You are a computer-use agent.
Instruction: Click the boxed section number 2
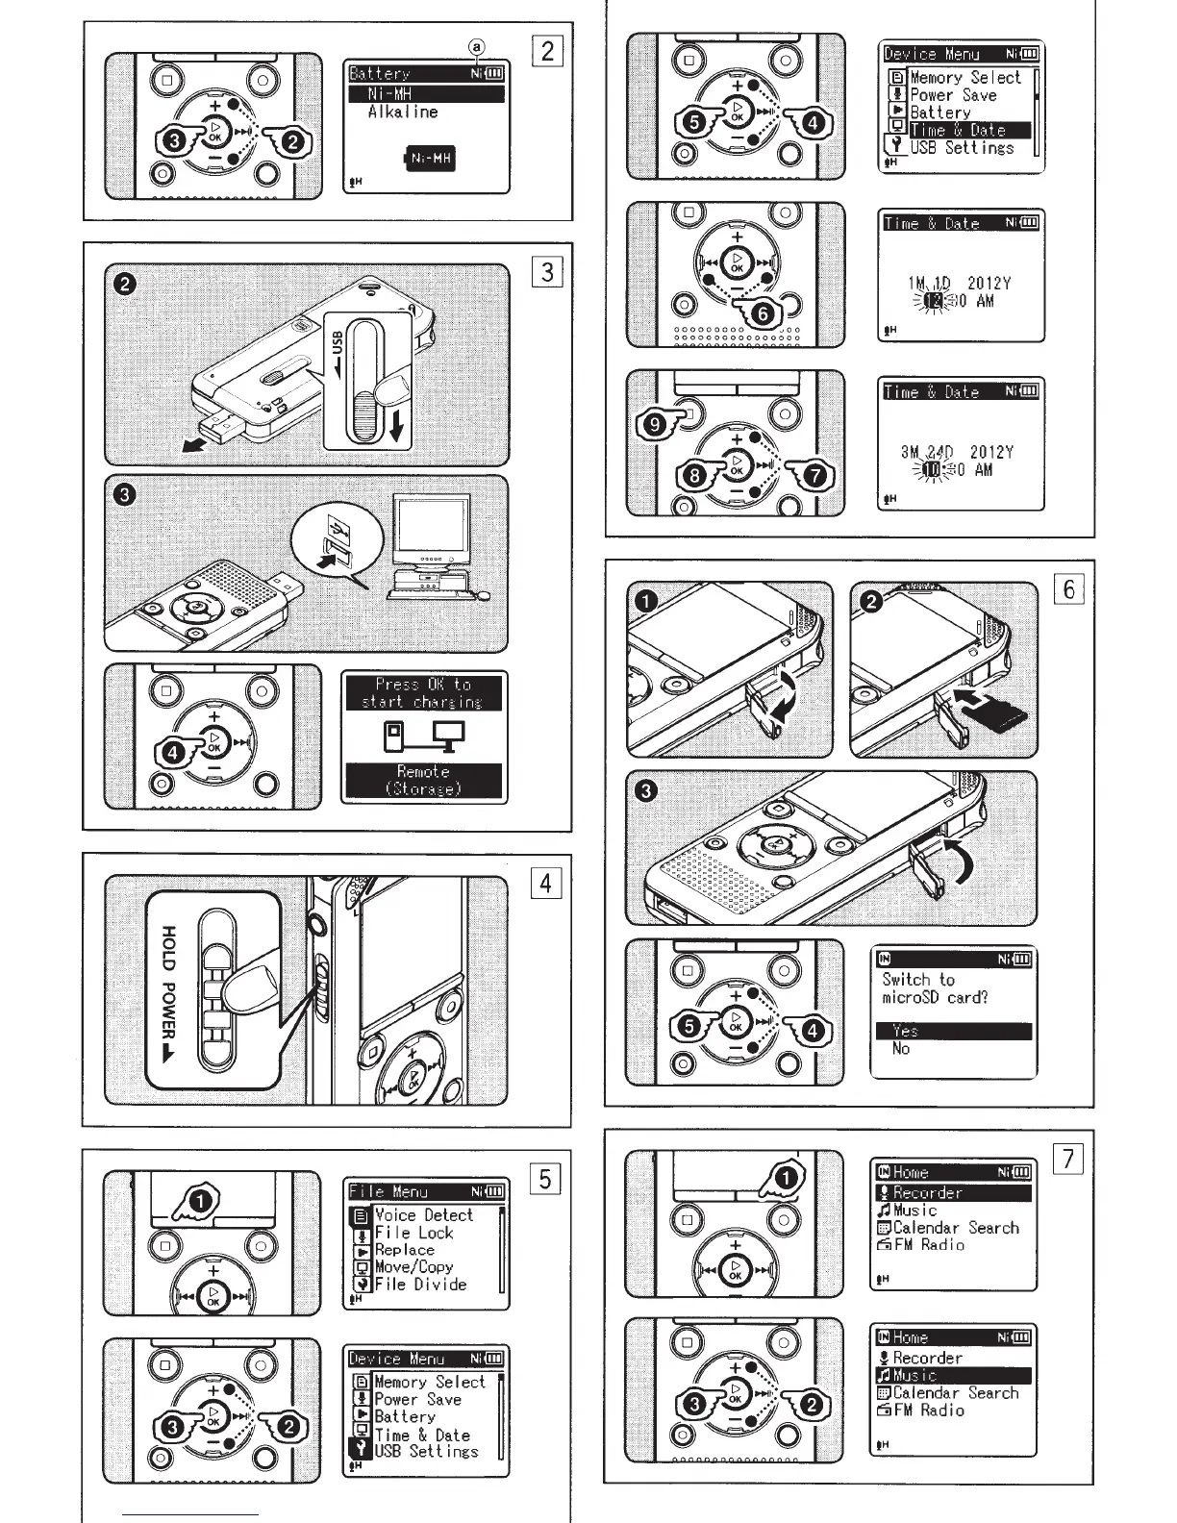click(x=547, y=51)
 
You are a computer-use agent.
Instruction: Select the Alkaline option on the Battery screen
click(x=402, y=112)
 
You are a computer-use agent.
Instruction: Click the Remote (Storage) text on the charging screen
click(x=423, y=780)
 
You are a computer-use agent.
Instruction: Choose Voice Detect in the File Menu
click(x=423, y=1215)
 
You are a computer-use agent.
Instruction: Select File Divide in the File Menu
click(x=420, y=1285)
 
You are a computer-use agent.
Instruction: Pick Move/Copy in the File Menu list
click(x=413, y=1267)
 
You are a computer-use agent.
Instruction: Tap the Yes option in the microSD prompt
click(x=905, y=1032)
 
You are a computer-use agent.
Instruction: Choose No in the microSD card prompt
click(x=900, y=1049)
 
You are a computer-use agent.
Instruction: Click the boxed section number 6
click(x=1069, y=588)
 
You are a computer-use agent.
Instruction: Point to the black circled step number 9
click(x=656, y=423)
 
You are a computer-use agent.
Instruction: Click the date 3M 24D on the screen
click(x=927, y=452)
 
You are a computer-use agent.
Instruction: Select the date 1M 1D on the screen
click(x=928, y=284)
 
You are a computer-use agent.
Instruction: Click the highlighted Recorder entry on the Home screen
click(x=927, y=1193)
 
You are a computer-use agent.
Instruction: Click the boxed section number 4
click(x=546, y=883)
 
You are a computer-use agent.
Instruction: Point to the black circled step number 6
click(x=762, y=313)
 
